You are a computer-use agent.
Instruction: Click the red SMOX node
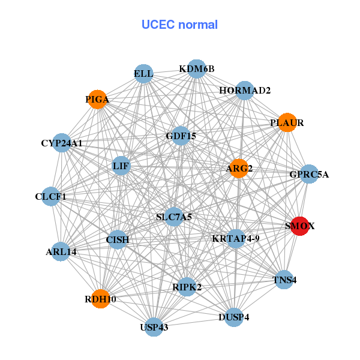tap(299, 226)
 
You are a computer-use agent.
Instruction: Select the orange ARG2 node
tap(238, 168)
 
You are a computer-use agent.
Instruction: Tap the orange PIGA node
tap(97, 99)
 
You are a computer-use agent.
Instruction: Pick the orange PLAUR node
tap(287, 122)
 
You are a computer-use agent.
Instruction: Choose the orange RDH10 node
tap(100, 299)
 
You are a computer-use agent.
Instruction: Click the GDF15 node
tap(181, 136)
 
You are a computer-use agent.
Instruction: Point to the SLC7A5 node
tap(174, 217)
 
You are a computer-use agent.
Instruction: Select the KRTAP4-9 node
tap(236, 238)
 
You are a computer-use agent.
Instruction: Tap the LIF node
tap(121, 166)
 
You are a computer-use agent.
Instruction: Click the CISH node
tap(118, 240)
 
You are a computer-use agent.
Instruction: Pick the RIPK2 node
tap(187, 287)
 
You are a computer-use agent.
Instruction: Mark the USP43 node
tap(154, 327)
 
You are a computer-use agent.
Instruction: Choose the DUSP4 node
tap(234, 317)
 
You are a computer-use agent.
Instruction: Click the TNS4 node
tap(284, 280)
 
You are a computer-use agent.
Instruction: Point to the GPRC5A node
tap(309, 175)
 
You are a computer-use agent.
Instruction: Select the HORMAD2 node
tap(245, 91)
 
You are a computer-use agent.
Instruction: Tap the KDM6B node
tap(197, 69)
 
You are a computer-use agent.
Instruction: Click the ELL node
tap(143, 74)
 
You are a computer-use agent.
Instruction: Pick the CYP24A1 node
tap(62, 143)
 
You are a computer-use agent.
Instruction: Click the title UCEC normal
tap(179, 25)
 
